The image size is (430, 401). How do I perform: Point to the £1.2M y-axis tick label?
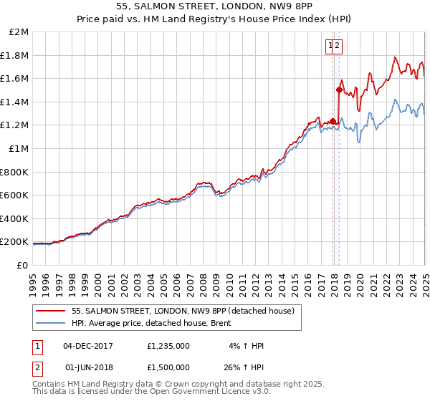pos(15,125)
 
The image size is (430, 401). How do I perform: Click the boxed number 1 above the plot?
pos(330,46)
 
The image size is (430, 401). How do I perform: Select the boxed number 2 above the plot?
pos(338,46)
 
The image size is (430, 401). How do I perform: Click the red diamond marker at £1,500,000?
pos(339,90)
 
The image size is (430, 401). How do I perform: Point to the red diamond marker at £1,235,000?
pos(333,120)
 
